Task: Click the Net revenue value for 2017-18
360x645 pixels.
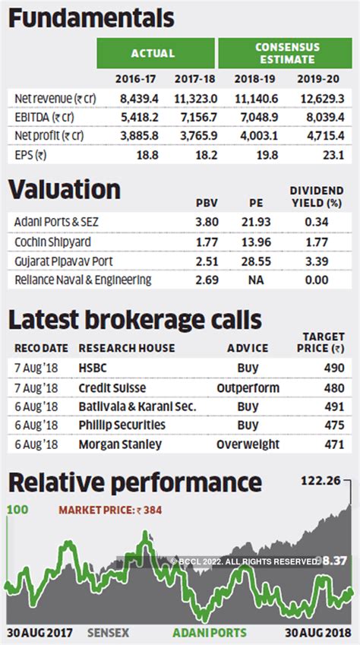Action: pyautogui.click(x=196, y=98)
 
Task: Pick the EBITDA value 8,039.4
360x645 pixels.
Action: pyautogui.click(x=324, y=117)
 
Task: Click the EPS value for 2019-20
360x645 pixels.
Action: pyautogui.click(x=335, y=155)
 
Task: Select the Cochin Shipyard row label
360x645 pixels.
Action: pyautogui.click(x=53, y=242)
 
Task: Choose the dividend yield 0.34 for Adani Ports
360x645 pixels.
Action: pyautogui.click(x=322, y=223)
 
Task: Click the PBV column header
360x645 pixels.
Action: pyautogui.click(x=207, y=203)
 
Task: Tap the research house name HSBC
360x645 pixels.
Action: pyautogui.click(x=93, y=368)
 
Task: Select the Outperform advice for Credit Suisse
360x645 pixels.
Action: pyautogui.click(x=248, y=387)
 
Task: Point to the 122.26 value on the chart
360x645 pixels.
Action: pyautogui.click(x=322, y=480)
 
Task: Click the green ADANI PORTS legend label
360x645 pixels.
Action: pyautogui.click(x=209, y=632)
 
